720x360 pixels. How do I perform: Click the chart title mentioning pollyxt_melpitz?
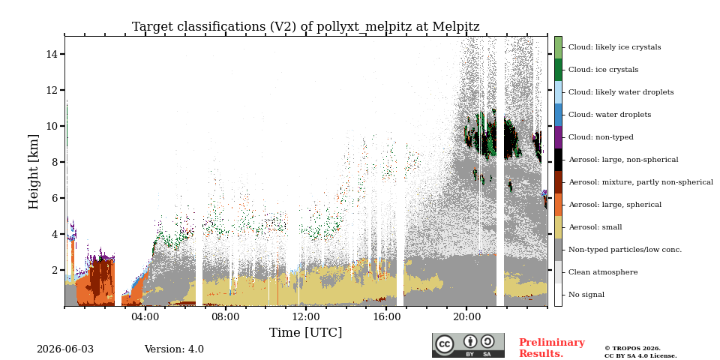click(x=306, y=27)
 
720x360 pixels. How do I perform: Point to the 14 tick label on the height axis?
click(x=52, y=54)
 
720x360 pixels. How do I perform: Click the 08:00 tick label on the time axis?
click(x=226, y=316)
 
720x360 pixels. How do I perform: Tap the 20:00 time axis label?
click(x=467, y=316)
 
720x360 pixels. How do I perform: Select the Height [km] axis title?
click(x=34, y=172)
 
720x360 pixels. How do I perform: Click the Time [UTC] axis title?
click(x=306, y=332)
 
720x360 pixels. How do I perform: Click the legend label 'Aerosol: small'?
click(x=595, y=227)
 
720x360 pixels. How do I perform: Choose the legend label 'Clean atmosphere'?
click(x=603, y=272)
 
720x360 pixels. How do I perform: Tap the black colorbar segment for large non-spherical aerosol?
click(x=558, y=160)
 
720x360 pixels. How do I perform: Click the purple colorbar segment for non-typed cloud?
click(x=558, y=137)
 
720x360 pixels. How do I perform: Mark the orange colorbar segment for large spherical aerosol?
click(x=558, y=205)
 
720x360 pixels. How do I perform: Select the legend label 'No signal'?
click(x=586, y=295)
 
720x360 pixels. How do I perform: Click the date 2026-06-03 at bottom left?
click(x=65, y=349)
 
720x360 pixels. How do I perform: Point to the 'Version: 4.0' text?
click(x=174, y=349)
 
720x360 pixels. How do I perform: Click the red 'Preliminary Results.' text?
click(x=552, y=348)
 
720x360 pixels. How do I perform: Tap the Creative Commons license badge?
click(x=468, y=345)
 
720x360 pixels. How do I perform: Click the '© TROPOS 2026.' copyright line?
click(x=633, y=349)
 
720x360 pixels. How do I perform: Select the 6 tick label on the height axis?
click(x=55, y=198)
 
